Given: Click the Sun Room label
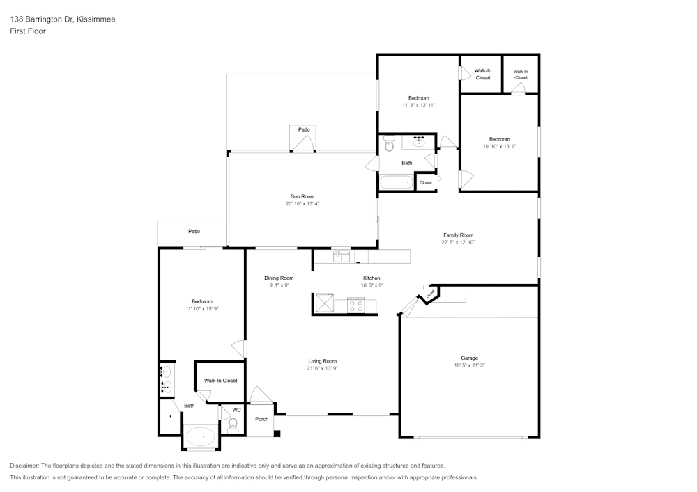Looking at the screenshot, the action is [x=302, y=196].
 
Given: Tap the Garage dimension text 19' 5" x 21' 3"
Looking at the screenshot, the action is [x=469, y=365].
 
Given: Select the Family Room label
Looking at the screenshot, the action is [x=459, y=235].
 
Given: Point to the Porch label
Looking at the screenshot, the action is [x=262, y=419].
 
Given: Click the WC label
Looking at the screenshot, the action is [x=236, y=410].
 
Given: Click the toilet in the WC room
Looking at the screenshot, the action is [x=233, y=426].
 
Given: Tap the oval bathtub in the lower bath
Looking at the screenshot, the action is [x=201, y=436].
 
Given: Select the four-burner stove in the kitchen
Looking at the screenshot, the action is [x=355, y=306].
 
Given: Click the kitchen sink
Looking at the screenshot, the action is [x=342, y=256].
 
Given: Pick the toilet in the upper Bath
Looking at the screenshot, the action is [x=390, y=143].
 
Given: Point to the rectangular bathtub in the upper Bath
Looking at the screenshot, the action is [x=397, y=182].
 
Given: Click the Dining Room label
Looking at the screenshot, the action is [x=279, y=278].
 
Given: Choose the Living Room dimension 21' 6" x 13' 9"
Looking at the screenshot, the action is [x=322, y=368].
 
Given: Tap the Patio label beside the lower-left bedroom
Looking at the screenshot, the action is [x=194, y=231].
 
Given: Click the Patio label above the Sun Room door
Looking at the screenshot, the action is [x=304, y=129].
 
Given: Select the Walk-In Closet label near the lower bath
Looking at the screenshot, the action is [x=220, y=380].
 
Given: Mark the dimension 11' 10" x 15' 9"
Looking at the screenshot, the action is [x=202, y=309].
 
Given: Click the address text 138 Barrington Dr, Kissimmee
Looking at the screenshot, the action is [x=63, y=19].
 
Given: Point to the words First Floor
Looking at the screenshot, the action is [x=28, y=31].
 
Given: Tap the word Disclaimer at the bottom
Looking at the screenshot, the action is [x=24, y=466].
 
